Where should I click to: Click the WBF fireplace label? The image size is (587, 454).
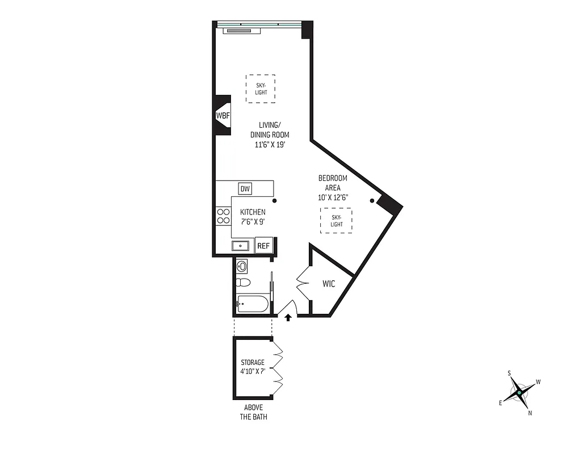(221, 115)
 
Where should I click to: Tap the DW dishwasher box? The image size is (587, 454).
(245, 189)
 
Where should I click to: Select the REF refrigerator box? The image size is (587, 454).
(263, 246)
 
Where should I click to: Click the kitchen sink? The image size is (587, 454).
(241, 246)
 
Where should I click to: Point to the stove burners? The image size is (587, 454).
(223, 216)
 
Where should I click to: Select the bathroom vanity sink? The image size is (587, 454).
(241, 266)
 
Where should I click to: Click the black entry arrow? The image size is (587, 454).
(288, 317)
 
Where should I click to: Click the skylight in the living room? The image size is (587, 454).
(261, 89)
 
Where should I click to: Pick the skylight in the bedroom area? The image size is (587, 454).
(336, 220)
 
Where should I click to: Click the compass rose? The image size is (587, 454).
(519, 392)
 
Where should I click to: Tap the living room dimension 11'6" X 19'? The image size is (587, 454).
(270, 144)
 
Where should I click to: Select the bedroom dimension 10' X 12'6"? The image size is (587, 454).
(333, 197)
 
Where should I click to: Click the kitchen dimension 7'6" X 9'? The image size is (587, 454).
(252, 221)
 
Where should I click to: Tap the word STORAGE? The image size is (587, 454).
(252, 362)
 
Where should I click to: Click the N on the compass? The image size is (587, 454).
(530, 413)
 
